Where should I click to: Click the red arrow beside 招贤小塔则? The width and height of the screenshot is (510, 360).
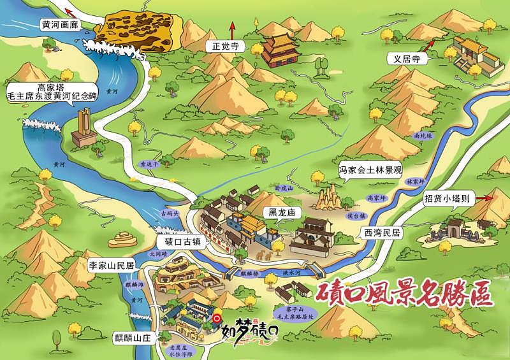[x=493, y=197]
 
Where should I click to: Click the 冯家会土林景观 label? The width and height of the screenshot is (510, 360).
[x=370, y=169]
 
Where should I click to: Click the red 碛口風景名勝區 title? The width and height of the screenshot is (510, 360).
[x=405, y=294]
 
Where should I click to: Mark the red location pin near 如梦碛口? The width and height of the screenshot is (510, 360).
[x=217, y=318]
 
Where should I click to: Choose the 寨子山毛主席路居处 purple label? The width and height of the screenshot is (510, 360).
[x=293, y=312]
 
